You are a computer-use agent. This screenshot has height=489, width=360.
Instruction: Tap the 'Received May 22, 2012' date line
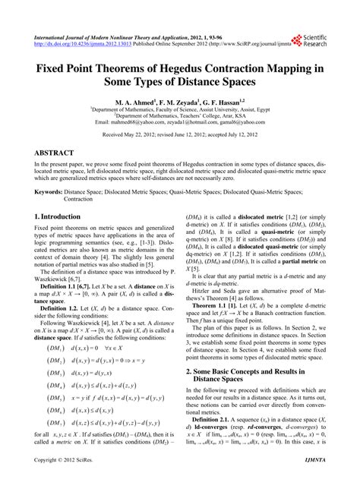pyautogui.click(x=180, y=134)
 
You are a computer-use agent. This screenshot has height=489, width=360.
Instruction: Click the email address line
pyautogui.click(x=180, y=120)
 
